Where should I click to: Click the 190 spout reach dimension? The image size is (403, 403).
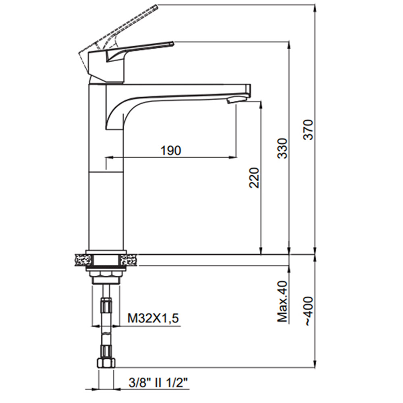(171, 150)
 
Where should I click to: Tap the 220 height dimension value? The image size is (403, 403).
(255, 178)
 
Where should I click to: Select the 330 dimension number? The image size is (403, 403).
(283, 149)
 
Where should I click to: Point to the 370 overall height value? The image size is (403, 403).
(308, 129)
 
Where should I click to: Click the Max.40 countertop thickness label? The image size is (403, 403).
(283, 301)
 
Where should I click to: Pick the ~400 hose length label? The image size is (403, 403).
(308, 312)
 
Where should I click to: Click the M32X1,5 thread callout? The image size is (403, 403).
(153, 319)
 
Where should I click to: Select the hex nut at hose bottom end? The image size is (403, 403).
(106, 364)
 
